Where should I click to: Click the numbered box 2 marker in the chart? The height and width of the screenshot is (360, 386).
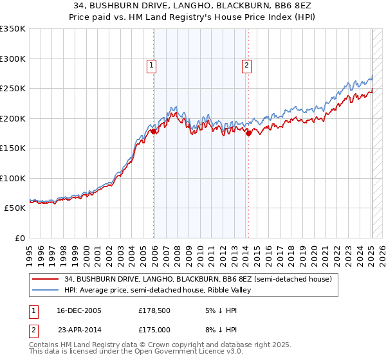click(x=246, y=64)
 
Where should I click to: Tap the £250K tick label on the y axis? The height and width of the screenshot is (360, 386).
click(x=13, y=89)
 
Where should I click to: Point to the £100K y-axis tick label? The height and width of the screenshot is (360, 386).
click(x=13, y=178)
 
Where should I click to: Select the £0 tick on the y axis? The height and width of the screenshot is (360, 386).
click(x=19, y=238)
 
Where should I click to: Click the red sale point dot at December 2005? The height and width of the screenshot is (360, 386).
click(x=154, y=131)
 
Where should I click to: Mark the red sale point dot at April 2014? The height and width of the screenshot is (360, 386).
click(x=249, y=133)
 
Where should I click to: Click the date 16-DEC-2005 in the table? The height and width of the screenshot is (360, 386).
click(x=79, y=310)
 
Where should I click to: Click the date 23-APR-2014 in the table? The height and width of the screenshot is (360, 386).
click(x=79, y=328)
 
